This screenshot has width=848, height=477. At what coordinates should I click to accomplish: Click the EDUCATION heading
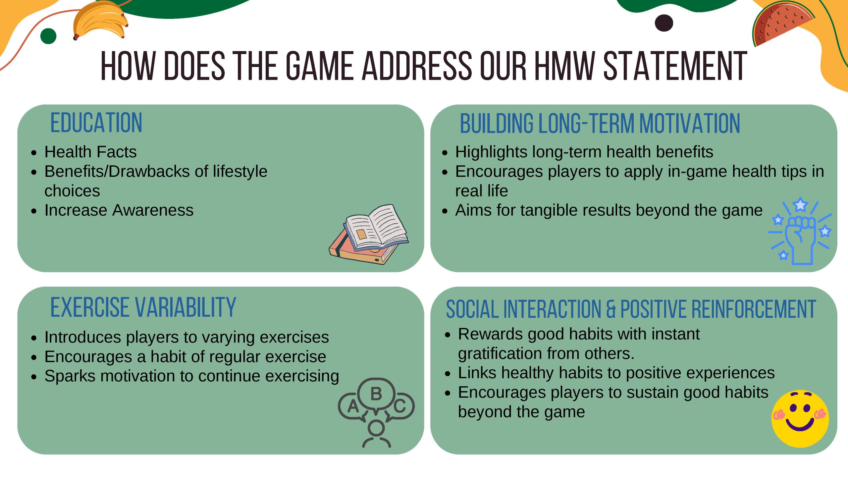click(96, 123)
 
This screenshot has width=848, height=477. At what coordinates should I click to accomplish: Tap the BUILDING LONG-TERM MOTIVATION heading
click(600, 123)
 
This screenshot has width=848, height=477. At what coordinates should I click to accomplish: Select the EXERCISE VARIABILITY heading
click(143, 307)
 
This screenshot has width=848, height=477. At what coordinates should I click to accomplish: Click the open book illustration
click(369, 234)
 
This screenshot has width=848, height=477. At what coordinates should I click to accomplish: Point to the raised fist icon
click(800, 232)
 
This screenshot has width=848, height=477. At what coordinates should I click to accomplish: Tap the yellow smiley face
click(800, 419)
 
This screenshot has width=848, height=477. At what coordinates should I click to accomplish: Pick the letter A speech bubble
click(352, 406)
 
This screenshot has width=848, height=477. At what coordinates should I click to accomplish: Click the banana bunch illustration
click(100, 21)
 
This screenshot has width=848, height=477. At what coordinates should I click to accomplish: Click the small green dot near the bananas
click(48, 36)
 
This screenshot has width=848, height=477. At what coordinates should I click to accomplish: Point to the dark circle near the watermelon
click(664, 23)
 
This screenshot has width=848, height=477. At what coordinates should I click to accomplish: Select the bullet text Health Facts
click(90, 152)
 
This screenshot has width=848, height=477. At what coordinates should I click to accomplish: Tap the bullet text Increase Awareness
click(119, 210)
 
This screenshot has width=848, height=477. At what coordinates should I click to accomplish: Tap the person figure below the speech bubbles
click(377, 434)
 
